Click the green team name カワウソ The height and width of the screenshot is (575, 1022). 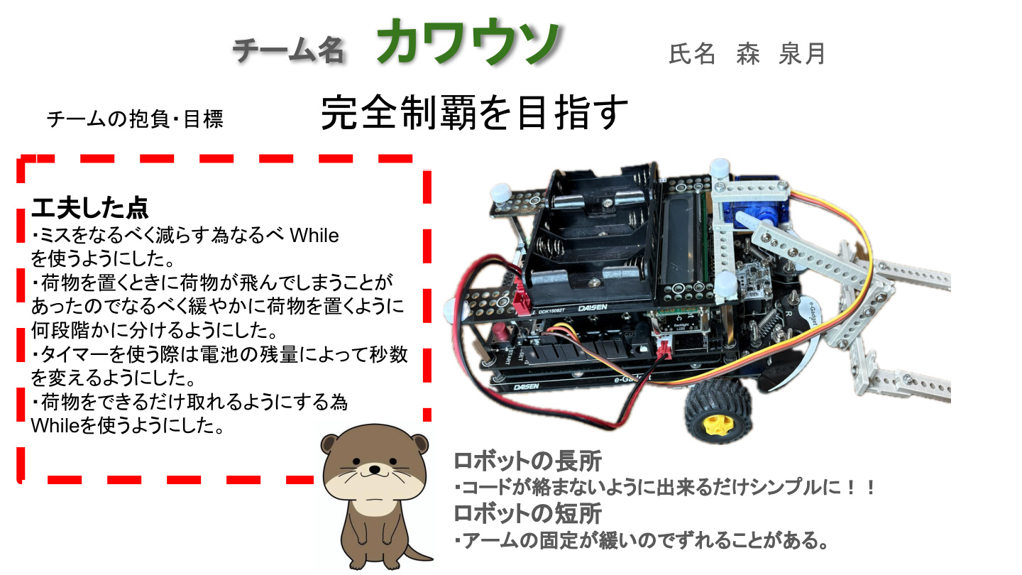click(x=468, y=41)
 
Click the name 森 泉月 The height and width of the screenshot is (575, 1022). click(x=781, y=54)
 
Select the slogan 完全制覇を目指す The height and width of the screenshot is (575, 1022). click(x=475, y=112)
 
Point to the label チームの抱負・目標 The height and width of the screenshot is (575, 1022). click(x=135, y=119)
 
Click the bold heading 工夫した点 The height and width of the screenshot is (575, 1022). click(x=90, y=208)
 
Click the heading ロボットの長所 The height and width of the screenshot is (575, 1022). click(x=528, y=461)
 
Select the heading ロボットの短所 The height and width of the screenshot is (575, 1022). click(x=528, y=513)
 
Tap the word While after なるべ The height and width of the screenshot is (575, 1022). click(x=314, y=236)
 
